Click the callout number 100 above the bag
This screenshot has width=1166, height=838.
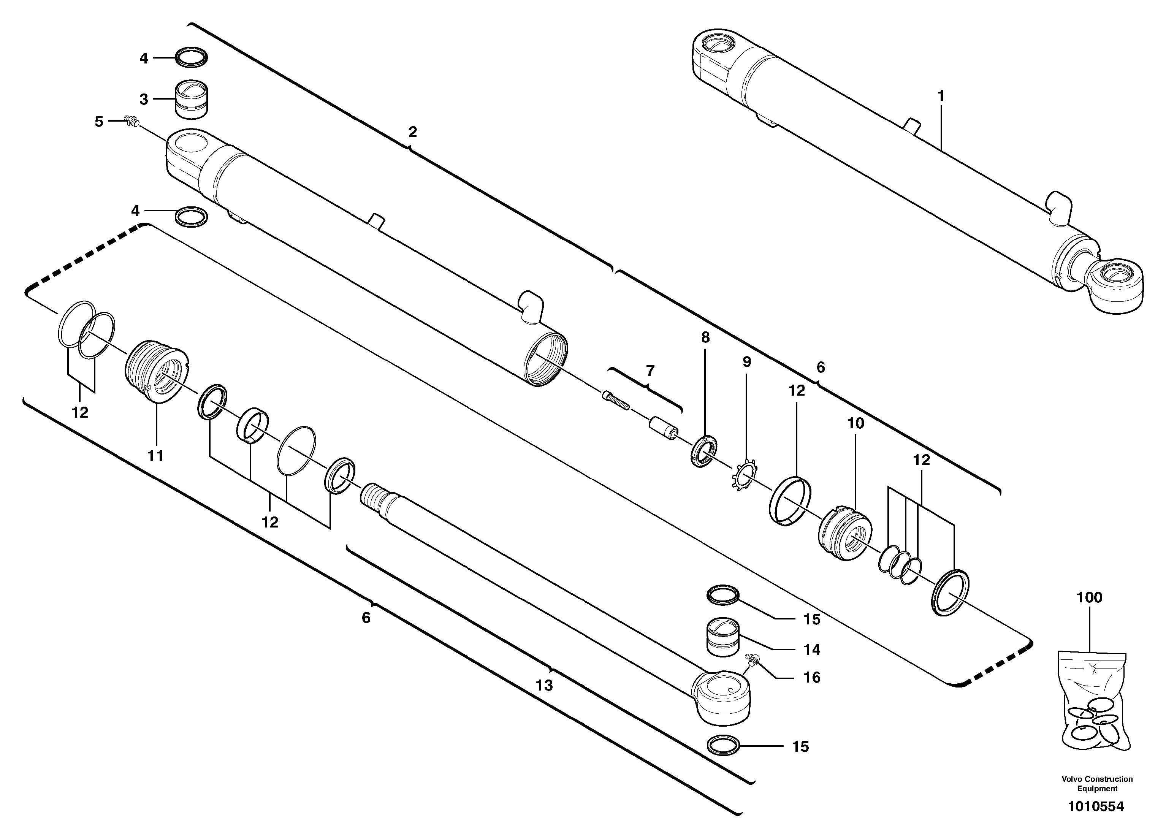click(1089, 597)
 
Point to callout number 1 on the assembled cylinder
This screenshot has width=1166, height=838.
click(941, 96)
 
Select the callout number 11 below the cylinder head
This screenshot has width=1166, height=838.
click(155, 456)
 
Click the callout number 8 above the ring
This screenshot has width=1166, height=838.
click(705, 338)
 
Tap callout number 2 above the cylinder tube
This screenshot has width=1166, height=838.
click(412, 132)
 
